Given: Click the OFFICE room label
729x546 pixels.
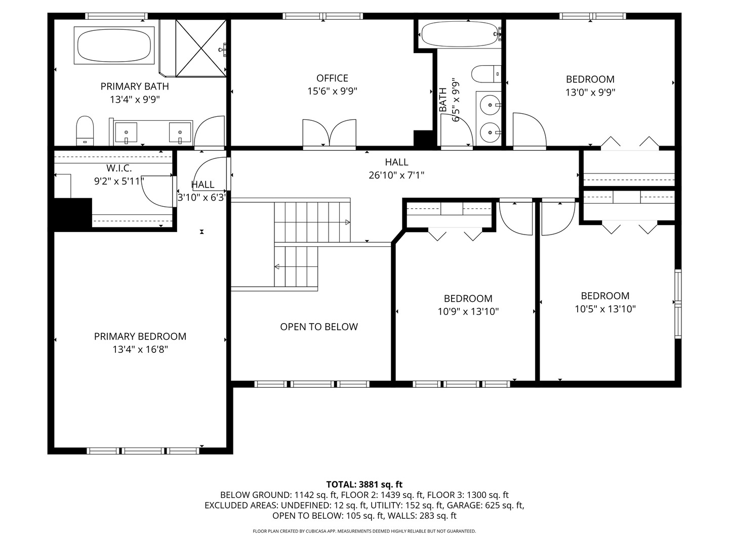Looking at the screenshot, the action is pyautogui.click(x=332, y=78).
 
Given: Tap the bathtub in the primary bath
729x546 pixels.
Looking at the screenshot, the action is pyautogui.click(x=114, y=45).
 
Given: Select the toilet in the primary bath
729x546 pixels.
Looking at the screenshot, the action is pyautogui.click(x=85, y=130).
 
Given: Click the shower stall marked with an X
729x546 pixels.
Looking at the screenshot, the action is pyautogui.click(x=200, y=48).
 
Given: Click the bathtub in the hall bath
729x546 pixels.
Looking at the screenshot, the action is pyautogui.click(x=461, y=34).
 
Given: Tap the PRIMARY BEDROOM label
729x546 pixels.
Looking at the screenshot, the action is pyautogui.click(x=140, y=337).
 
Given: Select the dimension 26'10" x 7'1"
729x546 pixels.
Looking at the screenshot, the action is pyautogui.click(x=396, y=175).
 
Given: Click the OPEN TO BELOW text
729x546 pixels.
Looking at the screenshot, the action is pyautogui.click(x=319, y=327).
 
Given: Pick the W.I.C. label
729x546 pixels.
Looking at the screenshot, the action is pyautogui.click(x=119, y=168).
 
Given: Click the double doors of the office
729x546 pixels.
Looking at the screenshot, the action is pyautogui.click(x=329, y=133).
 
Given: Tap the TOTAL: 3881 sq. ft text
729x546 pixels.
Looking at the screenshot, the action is pyautogui.click(x=364, y=484).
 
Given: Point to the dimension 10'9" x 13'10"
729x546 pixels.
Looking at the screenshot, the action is pyautogui.click(x=468, y=311).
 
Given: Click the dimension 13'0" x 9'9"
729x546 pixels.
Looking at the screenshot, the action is pyautogui.click(x=590, y=92).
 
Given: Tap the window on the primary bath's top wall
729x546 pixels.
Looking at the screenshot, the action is pyautogui.click(x=116, y=16).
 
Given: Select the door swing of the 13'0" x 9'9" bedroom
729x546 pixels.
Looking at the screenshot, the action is pyautogui.click(x=530, y=131).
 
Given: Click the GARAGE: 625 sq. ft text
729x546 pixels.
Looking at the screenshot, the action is pyautogui.click(x=485, y=505).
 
